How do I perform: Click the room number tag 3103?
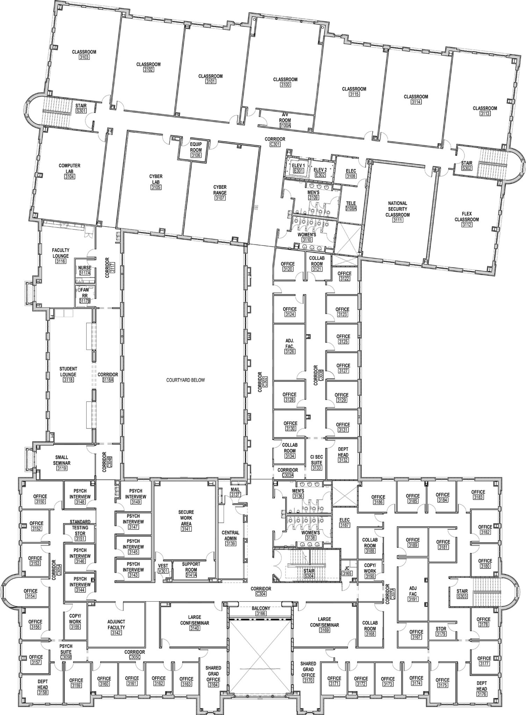[x=84, y=57]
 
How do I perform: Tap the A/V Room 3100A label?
[x=285, y=120]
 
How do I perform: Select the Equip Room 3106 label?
[x=196, y=150]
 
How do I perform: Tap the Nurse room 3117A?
[x=85, y=270]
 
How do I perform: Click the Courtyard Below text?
[x=185, y=380]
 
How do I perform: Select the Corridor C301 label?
[x=275, y=141]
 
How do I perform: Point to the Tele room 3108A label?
[x=351, y=206]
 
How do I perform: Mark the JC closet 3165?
[x=347, y=571]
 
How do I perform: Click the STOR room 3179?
[x=441, y=631]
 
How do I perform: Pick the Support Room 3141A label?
[x=191, y=567]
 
